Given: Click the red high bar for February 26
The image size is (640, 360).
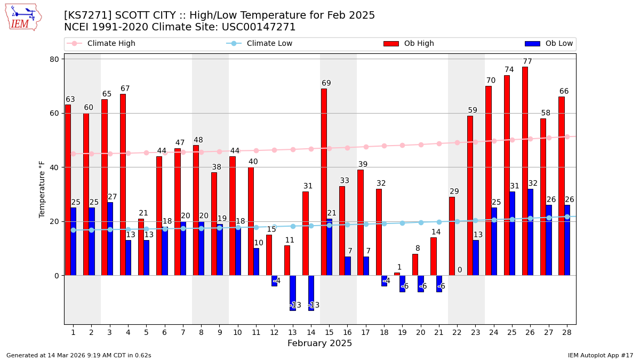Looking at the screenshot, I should [525, 171].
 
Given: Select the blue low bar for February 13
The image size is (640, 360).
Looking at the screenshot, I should [293, 293].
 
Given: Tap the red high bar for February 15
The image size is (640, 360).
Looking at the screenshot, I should [324, 182].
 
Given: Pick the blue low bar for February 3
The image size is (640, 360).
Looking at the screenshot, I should [110, 239].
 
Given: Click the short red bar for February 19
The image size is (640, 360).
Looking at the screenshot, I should [397, 274].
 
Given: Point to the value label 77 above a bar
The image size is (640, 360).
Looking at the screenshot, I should [527, 62].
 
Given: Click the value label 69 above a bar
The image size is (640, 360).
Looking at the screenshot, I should [326, 83].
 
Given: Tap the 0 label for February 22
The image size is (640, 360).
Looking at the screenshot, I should [460, 270].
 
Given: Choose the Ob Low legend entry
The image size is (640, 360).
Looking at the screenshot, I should [549, 44].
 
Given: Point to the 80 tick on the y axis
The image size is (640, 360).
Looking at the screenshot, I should [54, 59].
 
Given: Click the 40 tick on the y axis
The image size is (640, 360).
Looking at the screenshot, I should [54, 167].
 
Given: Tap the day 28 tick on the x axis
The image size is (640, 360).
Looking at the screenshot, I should [566, 332].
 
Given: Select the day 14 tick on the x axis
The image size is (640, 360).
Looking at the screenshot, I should [311, 332].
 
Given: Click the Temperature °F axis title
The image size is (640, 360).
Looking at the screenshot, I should [42, 189].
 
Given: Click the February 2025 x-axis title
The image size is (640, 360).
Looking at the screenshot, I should [319, 343].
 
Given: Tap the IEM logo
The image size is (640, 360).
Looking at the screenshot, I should [23, 17].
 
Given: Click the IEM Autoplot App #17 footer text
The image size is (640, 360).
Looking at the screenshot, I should [600, 355].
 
